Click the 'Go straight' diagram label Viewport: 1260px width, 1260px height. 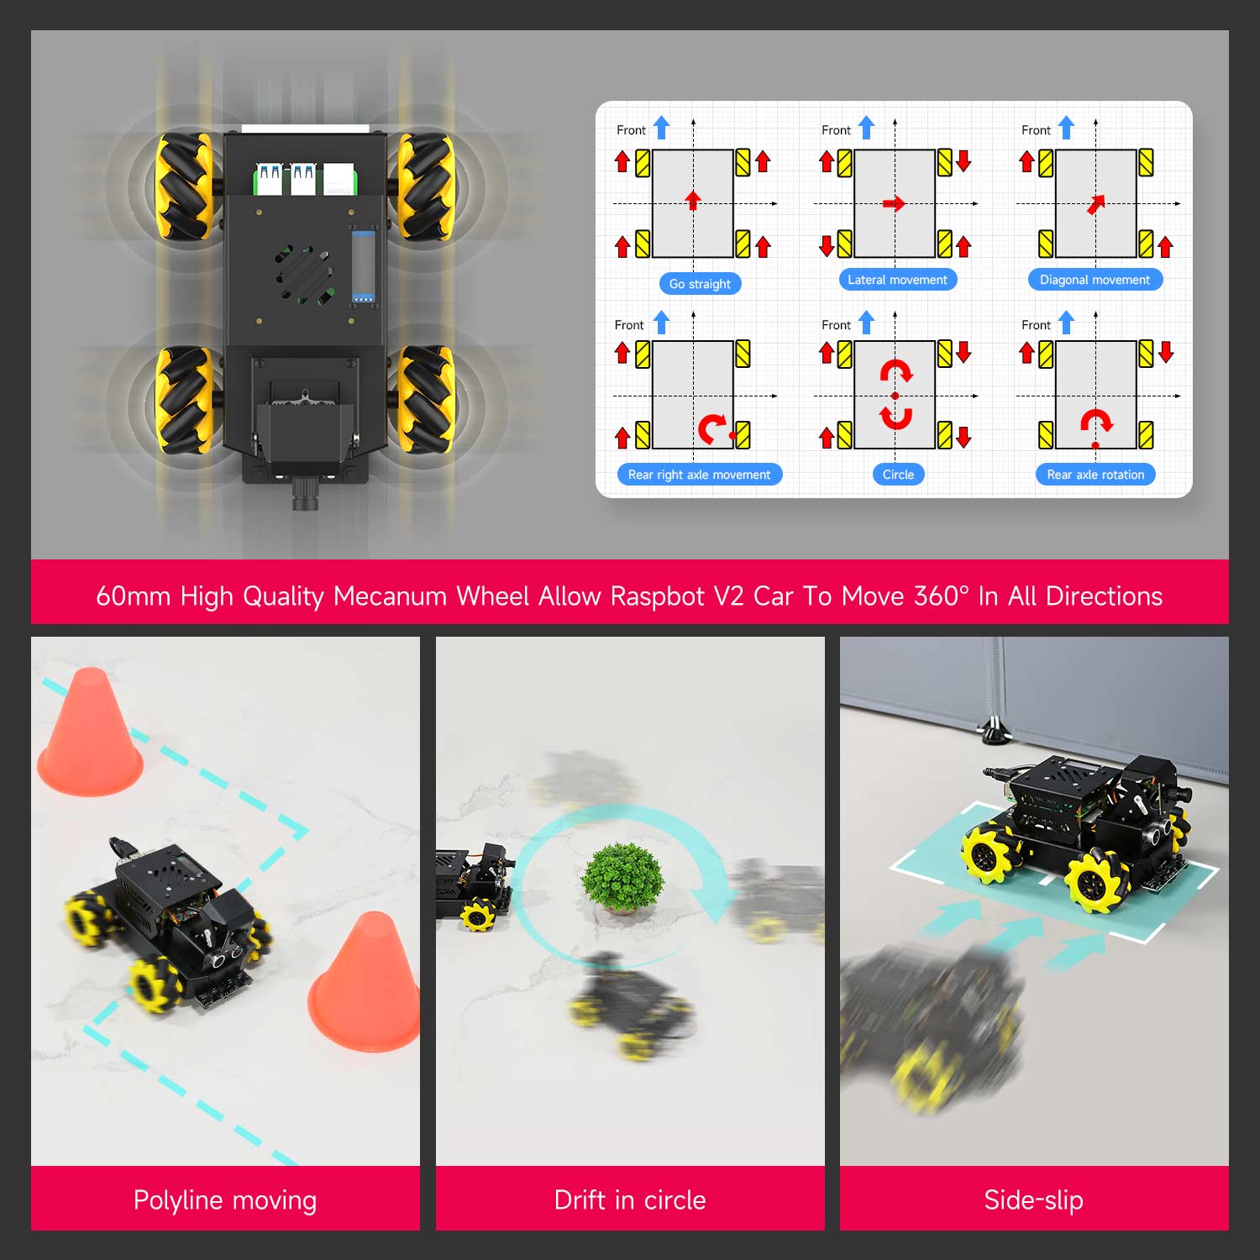700,284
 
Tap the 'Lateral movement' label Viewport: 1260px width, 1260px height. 897,280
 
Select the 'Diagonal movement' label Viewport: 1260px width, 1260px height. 1095,280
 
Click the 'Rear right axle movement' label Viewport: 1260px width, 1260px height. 699,475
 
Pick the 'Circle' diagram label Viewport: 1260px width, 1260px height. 898,475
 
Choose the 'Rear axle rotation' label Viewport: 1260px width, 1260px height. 1095,475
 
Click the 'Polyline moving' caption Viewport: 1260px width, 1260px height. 225,1200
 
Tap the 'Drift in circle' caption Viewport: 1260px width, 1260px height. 630,1200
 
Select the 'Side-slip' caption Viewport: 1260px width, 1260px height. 1033,1200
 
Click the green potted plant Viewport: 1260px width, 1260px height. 622,878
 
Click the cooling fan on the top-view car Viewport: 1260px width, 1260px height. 304,274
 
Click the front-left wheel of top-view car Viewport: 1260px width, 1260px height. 185,186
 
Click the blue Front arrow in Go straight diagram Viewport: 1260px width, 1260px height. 662,128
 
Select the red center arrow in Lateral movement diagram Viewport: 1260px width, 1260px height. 895,203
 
